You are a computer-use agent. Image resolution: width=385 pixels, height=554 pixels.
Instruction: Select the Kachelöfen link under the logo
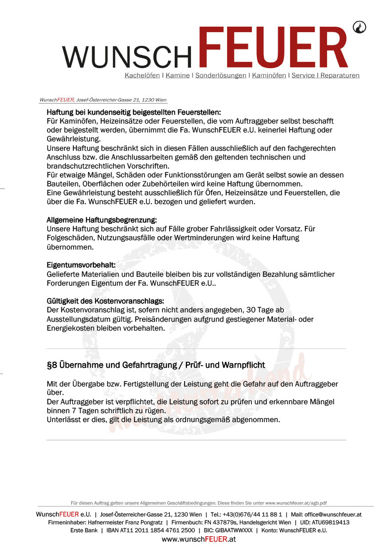142,76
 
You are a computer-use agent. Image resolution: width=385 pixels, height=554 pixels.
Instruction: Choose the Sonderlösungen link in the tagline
221,76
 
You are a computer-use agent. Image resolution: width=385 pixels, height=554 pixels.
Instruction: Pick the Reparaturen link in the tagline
340,76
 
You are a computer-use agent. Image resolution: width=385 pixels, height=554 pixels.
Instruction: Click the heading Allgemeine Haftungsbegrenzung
101,219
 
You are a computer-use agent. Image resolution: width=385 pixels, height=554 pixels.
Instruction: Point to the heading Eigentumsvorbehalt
81,265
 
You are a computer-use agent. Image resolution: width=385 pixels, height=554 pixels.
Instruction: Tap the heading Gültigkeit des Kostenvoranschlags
105,301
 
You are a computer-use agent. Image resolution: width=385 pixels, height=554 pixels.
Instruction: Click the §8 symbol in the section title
51,365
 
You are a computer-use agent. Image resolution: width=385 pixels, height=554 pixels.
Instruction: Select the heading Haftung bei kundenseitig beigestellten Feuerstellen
134,112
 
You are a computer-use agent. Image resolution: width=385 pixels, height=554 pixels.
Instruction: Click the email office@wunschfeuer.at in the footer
333,514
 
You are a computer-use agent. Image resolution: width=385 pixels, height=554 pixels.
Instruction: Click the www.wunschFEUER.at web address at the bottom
198,539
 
